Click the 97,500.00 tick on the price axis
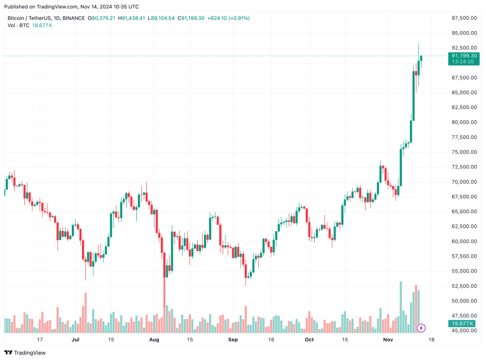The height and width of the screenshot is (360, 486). (462, 18)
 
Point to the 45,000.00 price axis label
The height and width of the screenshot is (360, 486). (462, 331)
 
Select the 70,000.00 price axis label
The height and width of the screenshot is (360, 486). (462, 182)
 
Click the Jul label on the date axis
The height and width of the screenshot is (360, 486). (75, 340)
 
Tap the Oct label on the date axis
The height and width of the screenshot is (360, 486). (309, 340)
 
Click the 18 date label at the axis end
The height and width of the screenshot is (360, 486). (431, 340)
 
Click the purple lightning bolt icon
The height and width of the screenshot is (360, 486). (421, 328)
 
